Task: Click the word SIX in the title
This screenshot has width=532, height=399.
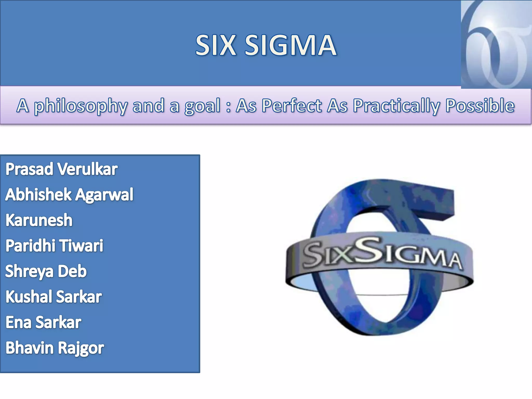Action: point(216,45)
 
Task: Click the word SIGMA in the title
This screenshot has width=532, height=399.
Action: point(290,45)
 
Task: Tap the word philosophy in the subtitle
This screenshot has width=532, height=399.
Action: point(81,106)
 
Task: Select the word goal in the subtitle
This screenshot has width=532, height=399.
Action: point(202,106)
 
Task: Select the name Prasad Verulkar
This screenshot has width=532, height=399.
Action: point(62,169)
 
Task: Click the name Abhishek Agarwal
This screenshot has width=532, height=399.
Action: point(69,195)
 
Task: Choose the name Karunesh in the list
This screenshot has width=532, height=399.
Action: point(39,220)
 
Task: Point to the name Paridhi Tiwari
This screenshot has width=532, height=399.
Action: point(54,246)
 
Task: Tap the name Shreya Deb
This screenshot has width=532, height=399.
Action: point(46,271)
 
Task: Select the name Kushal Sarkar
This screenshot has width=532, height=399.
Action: point(54,297)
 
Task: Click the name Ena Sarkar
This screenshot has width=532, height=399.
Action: point(43,322)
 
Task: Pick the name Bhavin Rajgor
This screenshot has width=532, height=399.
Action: point(55,348)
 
